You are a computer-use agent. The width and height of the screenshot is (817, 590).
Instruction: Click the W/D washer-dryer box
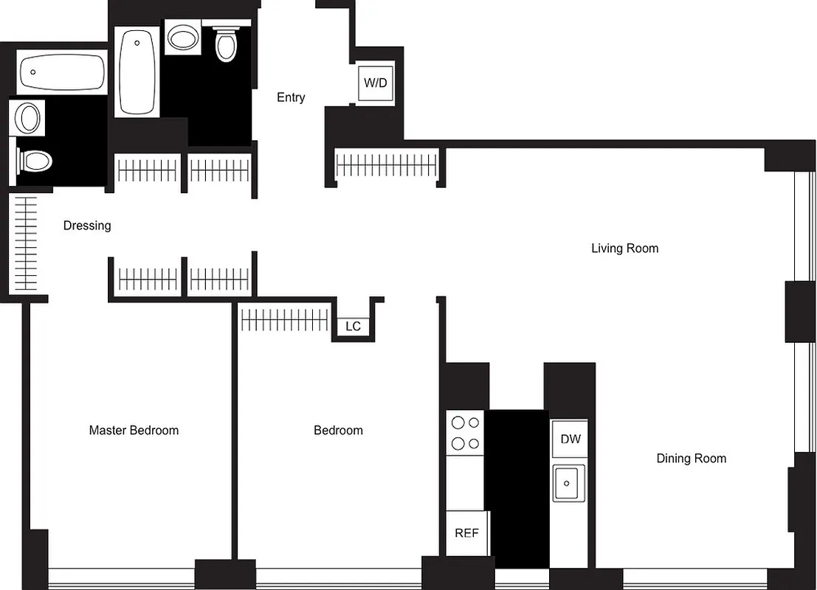[375, 83]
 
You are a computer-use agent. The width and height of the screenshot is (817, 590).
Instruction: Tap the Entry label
[291, 97]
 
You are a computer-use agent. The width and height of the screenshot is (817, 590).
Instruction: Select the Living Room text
[624, 249]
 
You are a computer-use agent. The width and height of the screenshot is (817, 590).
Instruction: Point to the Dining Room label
[691, 459]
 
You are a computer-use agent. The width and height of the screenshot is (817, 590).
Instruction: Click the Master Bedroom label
[134, 431]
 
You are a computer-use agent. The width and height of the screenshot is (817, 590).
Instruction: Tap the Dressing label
[87, 226]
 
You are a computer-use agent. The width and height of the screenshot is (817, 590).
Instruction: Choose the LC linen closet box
[354, 326]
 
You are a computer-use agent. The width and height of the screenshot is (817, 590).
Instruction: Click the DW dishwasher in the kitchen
[570, 440]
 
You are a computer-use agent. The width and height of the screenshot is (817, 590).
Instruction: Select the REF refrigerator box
[466, 533]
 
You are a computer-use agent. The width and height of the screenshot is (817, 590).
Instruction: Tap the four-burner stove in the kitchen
[465, 433]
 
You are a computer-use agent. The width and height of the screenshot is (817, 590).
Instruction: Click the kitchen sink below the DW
[568, 483]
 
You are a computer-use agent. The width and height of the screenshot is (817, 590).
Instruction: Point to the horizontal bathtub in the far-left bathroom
[61, 72]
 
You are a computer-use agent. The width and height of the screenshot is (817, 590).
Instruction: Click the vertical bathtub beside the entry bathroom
[138, 72]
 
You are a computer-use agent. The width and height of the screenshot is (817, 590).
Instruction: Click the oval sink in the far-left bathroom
[29, 118]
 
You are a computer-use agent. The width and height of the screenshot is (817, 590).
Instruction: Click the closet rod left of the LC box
[285, 320]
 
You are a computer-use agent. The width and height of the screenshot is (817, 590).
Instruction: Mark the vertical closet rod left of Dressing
[26, 243]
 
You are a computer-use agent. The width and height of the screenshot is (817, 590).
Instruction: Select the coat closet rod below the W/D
[386, 164]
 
